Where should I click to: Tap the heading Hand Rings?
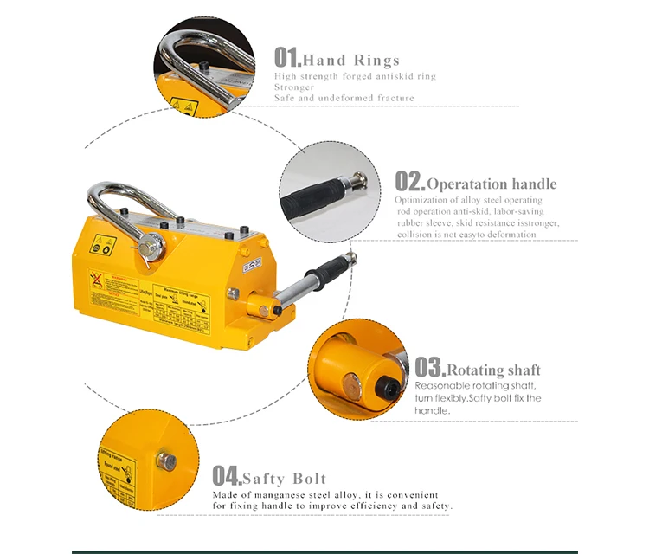click(x=350, y=60)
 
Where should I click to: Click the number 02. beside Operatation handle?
click(x=410, y=181)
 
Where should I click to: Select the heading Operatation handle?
click(x=492, y=184)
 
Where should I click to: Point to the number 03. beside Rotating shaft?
click(x=429, y=367)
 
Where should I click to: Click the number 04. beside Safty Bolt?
click(x=226, y=475)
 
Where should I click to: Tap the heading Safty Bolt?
click(x=284, y=479)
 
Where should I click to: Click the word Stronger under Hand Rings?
click(x=295, y=87)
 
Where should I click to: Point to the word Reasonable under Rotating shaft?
click(x=444, y=385)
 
